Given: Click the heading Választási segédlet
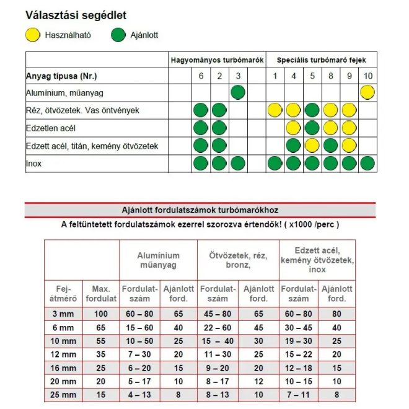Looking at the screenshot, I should [x=76, y=15].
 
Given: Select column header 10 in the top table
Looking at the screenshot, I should [x=368, y=76].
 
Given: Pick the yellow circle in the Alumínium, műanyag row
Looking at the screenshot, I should [x=368, y=93].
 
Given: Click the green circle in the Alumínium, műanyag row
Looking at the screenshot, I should [x=238, y=93].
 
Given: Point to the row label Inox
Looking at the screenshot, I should [x=33, y=164].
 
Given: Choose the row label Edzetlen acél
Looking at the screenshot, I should [x=51, y=128].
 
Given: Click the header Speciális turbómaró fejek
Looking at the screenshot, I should [x=317, y=59].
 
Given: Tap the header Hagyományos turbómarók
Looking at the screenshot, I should [x=218, y=59].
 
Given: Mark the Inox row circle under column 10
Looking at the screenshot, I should [x=368, y=164].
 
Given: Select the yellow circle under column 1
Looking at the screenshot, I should [x=275, y=111].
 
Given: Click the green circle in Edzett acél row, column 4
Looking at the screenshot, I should [x=293, y=146].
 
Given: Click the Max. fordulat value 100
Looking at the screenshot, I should [x=100, y=314].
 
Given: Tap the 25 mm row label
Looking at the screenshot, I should [x=63, y=395].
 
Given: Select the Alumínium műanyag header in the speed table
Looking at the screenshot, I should [x=159, y=260].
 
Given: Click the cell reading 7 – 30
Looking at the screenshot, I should [x=140, y=354].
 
